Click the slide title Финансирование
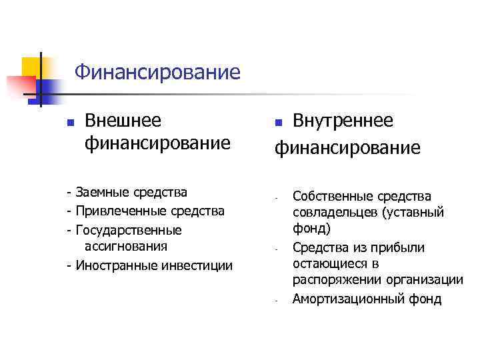(x=157, y=71)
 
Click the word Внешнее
(x=123, y=121)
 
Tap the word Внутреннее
(x=343, y=121)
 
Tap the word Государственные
(x=129, y=231)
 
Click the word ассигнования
(x=126, y=247)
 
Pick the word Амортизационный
(x=340, y=299)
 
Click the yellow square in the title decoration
(x=30, y=66)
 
